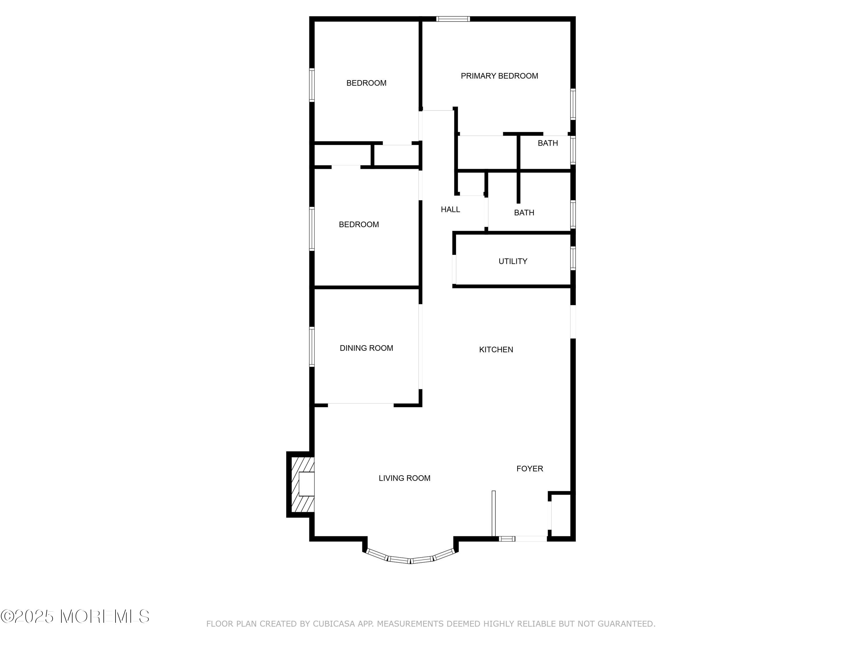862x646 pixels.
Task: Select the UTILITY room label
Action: pyautogui.click(x=513, y=261)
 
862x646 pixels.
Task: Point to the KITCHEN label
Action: pyautogui.click(x=496, y=350)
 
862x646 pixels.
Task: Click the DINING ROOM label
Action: pyautogui.click(x=366, y=348)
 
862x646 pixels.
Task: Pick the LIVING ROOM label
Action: pyautogui.click(x=405, y=478)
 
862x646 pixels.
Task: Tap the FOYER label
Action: pyautogui.click(x=530, y=469)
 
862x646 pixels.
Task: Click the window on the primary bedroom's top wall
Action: pyautogui.click(x=453, y=19)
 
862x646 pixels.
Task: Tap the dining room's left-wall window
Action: pyautogui.click(x=312, y=347)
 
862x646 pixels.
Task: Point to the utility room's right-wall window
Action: pyautogui.click(x=573, y=258)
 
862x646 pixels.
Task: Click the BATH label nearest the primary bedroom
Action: pyautogui.click(x=548, y=143)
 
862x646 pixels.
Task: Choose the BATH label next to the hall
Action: pyautogui.click(x=524, y=213)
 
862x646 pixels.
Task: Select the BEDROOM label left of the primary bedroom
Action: pyautogui.click(x=366, y=83)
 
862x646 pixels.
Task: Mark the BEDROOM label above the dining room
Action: pyautogui.click(x=359, y=225)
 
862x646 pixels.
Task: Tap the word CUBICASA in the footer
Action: pyautogui.click(x=334, y=624)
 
